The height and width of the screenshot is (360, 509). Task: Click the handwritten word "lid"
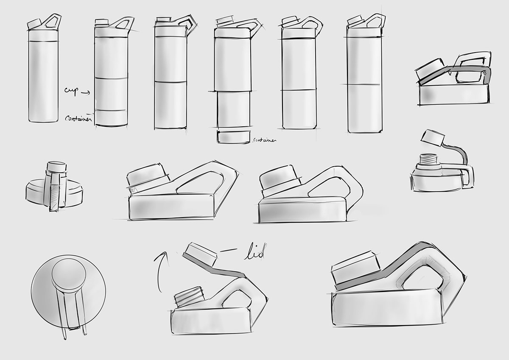(x=254, y=254)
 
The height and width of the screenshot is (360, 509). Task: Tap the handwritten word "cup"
(x=70, y=91)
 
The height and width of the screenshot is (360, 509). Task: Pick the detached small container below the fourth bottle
(x=233, y=137)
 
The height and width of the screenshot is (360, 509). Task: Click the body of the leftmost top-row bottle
(x=43, y=81)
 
